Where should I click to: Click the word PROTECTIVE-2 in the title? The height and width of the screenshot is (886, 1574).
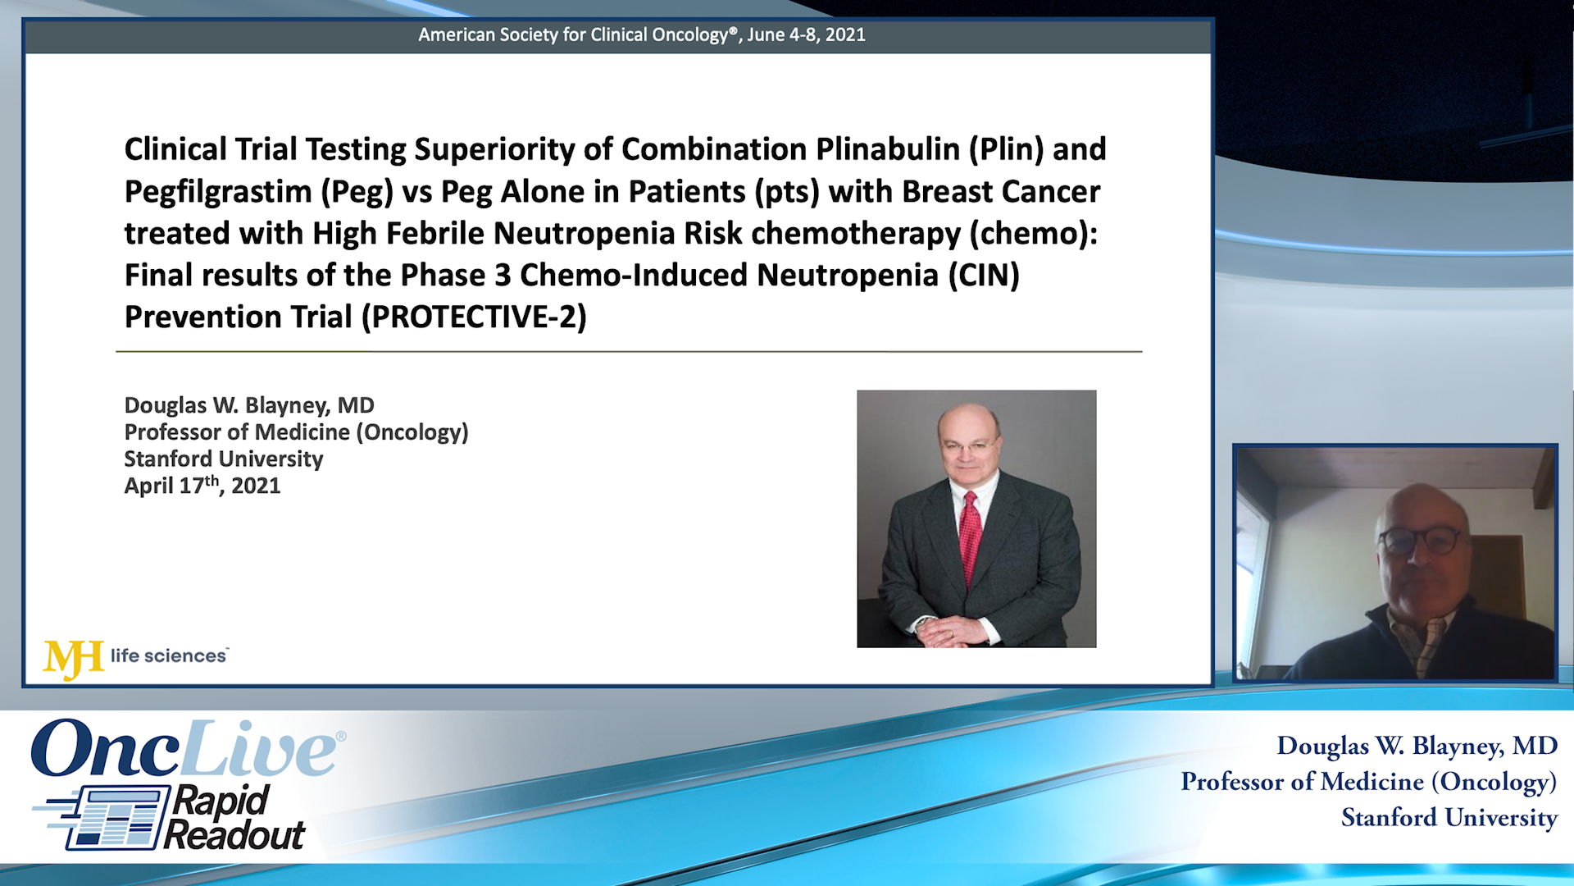coord(479,317)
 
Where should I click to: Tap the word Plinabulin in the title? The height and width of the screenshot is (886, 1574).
coord(888,149)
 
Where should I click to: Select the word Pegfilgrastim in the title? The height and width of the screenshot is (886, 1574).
coord(218,192)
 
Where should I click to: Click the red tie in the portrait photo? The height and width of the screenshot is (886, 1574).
coord(970,533)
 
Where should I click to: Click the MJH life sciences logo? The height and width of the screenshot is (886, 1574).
coord(136,657)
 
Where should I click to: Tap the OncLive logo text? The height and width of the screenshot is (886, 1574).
coord(185,749)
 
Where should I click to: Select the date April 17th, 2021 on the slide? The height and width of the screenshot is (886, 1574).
coord(202,486)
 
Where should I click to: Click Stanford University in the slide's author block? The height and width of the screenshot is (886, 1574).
coord(223,459)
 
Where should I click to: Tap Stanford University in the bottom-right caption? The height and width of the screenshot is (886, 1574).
coord(1449,818)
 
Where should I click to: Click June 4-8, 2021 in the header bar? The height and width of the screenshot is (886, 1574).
coord(806,34)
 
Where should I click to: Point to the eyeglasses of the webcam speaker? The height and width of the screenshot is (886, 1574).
coord(1419,541)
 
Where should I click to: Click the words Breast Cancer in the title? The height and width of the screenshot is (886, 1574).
coord(1001,192)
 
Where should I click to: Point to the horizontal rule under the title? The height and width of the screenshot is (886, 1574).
coord(629,352)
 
